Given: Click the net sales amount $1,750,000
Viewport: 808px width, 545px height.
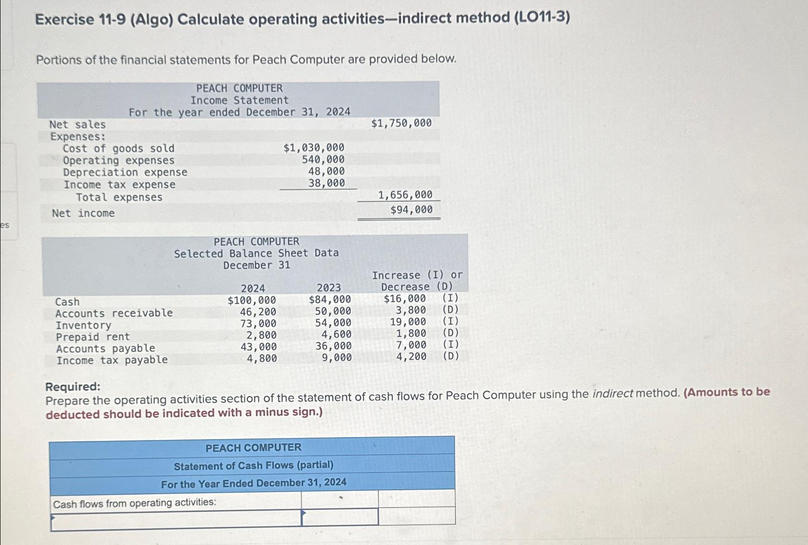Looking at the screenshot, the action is [x=401, y=123].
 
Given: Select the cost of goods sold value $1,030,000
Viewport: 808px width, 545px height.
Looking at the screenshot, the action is [x=314, y=148].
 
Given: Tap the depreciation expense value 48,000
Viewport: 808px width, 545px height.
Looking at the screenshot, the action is [x=327, y=171].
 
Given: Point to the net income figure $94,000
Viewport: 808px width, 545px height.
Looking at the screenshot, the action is [x=411, y=209].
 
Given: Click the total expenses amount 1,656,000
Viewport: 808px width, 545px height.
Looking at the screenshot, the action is [x=405, y=195].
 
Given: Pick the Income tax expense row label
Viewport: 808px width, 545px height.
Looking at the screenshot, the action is [x=120, y=184].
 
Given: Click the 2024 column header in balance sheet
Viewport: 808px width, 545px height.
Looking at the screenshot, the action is [x=253, y=288].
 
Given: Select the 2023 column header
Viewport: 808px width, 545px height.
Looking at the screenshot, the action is [x=328, y=288].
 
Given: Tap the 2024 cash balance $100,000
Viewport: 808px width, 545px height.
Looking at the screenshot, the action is [x=252, y=300].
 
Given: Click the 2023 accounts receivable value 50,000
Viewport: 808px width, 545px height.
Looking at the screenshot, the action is [x=333, y=311].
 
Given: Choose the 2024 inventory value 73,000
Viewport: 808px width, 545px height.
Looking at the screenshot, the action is [x=258, y=323].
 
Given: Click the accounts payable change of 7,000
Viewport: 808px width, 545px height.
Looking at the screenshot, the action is [x=411, y=345].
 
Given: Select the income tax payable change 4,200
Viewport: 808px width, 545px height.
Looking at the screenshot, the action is [x=411, y=356].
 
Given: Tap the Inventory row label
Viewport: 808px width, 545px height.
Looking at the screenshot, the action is [x=83, y=326].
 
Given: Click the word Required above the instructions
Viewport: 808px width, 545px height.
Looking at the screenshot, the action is [x=73, y=387].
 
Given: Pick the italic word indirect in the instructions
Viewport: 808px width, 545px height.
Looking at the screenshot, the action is [x=612, y=394].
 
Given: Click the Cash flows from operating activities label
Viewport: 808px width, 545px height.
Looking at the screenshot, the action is [x=135, y=503].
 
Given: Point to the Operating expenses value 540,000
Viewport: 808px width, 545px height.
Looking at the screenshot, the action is [x=323, y=159].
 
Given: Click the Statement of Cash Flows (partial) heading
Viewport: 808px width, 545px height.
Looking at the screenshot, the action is [x=254, y=466].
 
